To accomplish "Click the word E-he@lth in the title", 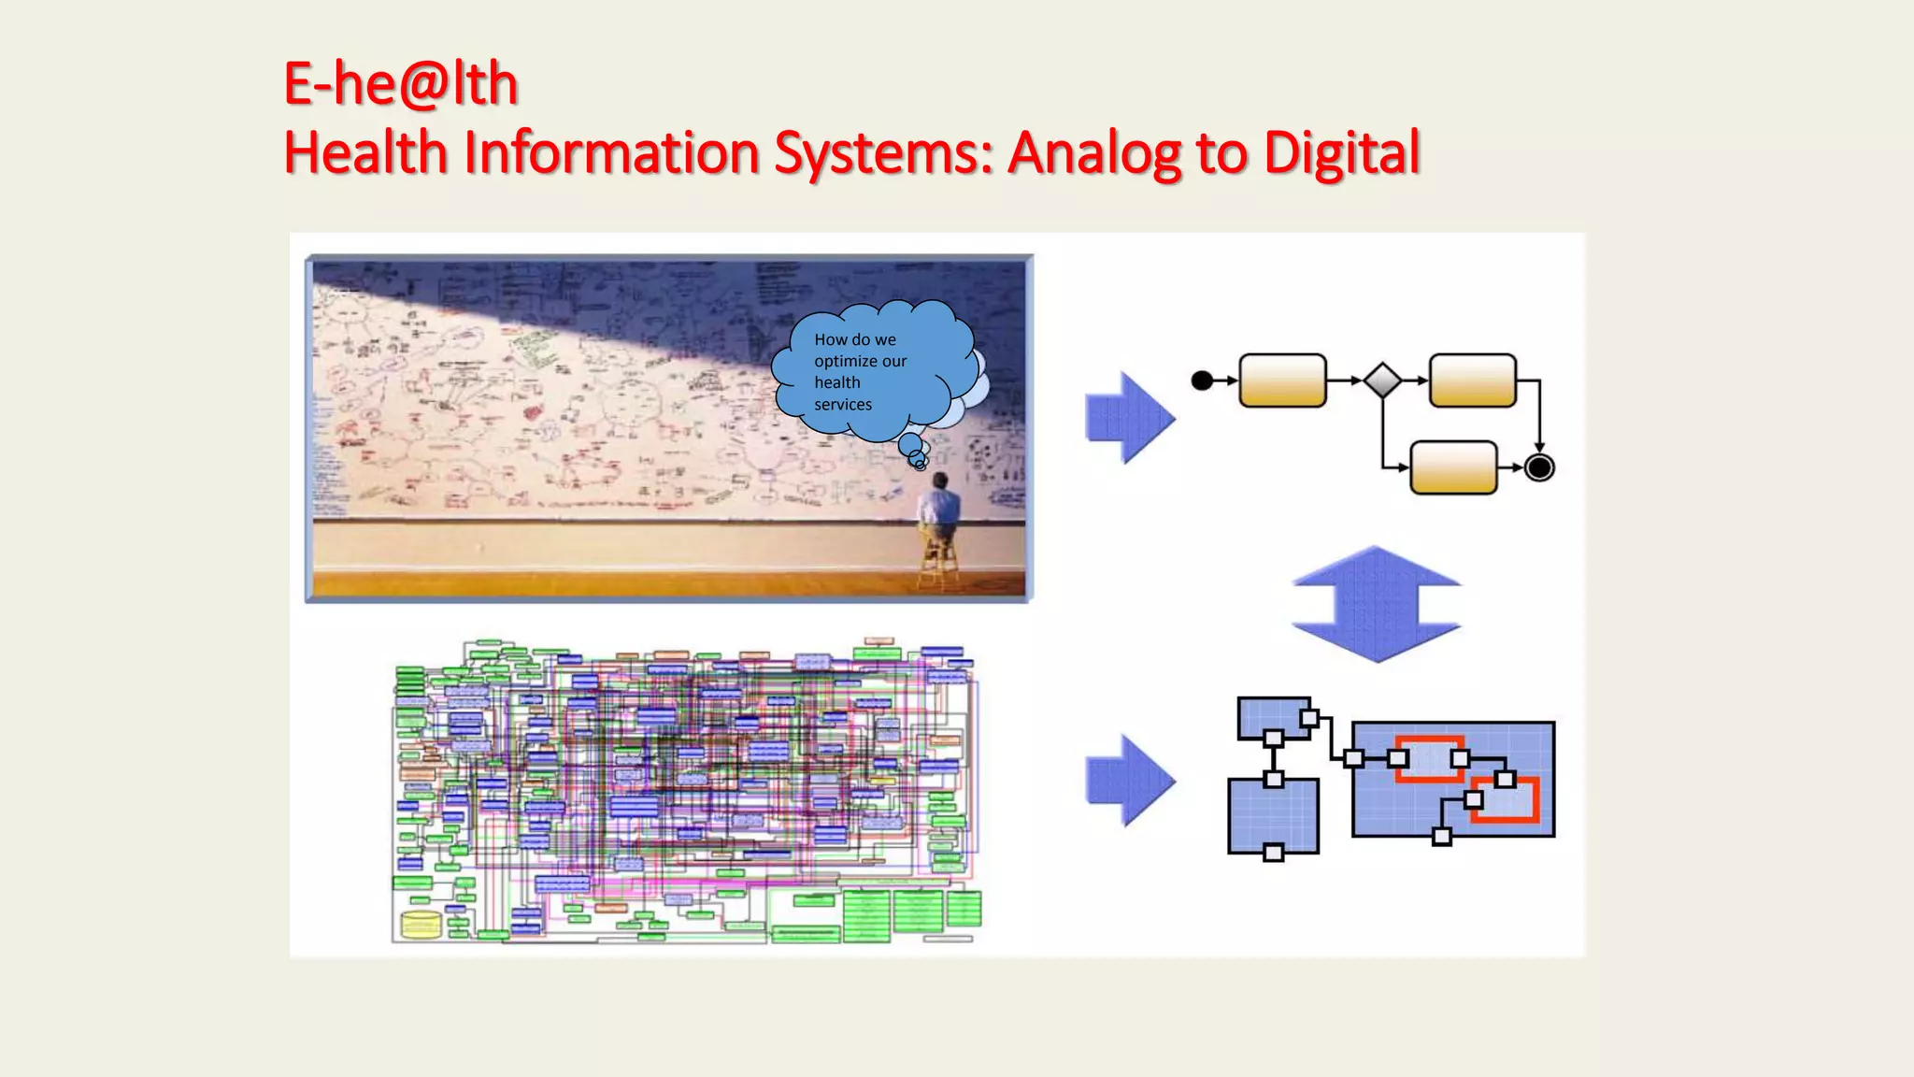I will [400, 83].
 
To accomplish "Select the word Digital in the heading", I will [1341, 152].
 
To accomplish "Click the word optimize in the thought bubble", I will [846, 361].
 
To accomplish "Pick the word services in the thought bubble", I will [843, 405].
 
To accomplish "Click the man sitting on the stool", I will [938, 510].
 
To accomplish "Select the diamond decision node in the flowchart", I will [1382, 381].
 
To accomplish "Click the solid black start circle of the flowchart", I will [1203, 381].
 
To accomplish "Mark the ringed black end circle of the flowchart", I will [1539, 467].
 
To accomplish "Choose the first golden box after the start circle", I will [1282, 381].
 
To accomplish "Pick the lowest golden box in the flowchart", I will [1452, 467].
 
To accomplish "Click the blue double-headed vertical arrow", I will [1376, 604].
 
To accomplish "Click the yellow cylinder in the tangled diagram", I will [420, 925].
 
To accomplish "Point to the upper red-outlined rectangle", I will [1429, 760].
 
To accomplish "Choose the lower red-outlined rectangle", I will [1506, 800].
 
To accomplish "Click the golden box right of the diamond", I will [1473, 381].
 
